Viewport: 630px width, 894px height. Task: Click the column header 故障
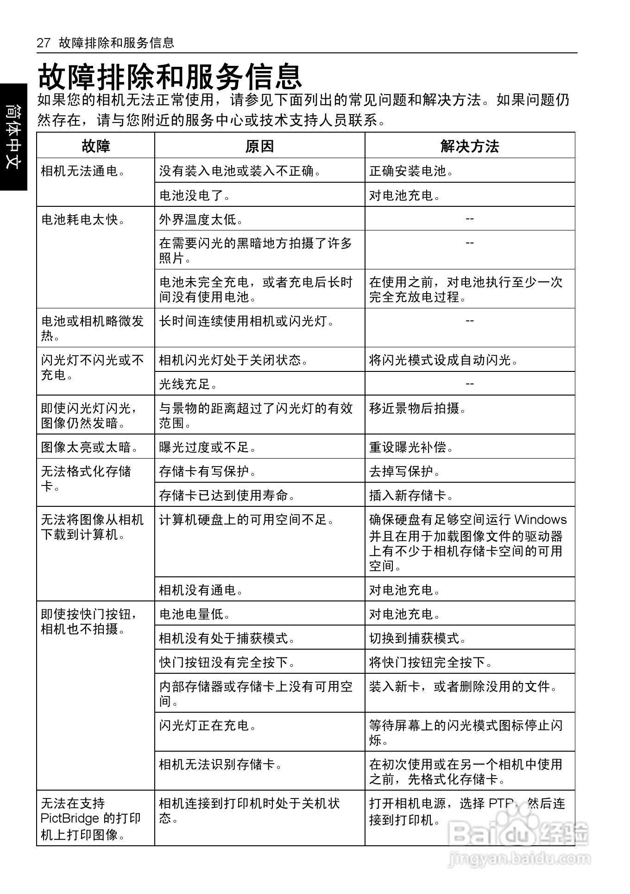(96, 146)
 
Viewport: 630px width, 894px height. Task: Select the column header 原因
(259, 146)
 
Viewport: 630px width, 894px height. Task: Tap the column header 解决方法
(470, 146)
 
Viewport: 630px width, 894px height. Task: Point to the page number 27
(43, 43)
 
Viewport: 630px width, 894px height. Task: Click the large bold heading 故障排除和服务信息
(170, 77)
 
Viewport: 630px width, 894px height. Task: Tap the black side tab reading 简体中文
(13, 137)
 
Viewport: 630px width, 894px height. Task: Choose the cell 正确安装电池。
(411, 171)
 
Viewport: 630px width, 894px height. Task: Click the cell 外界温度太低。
(201, 219)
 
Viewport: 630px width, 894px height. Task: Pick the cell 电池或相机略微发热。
(93, 328)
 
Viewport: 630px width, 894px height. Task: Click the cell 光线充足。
(188, 384)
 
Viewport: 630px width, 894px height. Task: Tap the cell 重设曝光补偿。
(411, 447)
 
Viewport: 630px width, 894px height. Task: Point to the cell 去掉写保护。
(405, 471)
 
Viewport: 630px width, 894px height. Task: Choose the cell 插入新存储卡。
(411, 495)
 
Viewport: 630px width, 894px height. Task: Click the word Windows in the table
(540, 519)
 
